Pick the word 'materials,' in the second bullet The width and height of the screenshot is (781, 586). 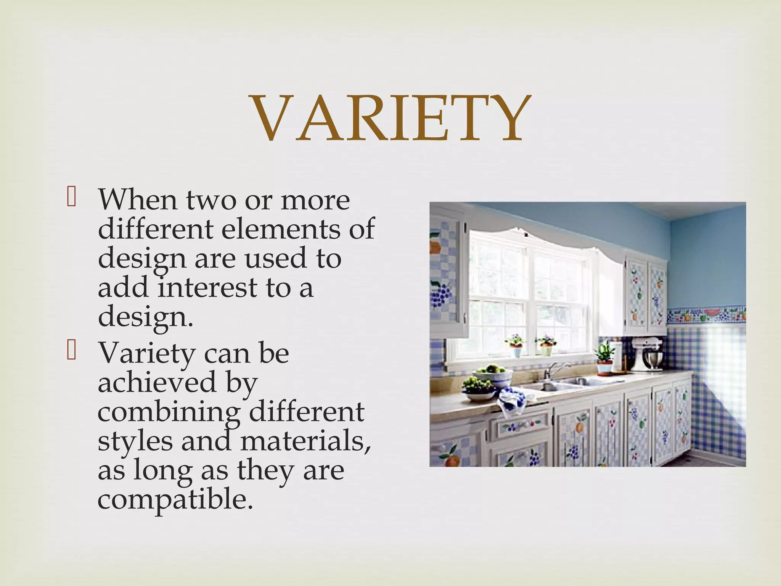coord(305,441)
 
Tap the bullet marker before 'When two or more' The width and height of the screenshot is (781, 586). coord(71,199)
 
